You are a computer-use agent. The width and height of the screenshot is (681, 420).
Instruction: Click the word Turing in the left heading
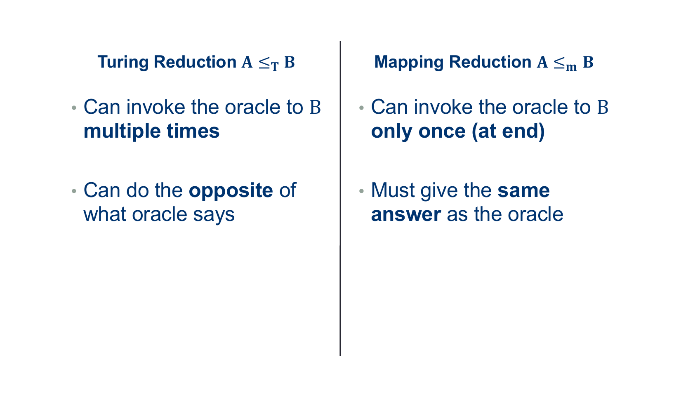123,63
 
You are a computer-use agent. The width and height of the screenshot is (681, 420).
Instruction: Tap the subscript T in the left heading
275,66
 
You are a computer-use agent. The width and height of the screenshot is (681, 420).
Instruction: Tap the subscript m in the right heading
571,67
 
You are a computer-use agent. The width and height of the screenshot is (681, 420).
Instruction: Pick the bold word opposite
231,191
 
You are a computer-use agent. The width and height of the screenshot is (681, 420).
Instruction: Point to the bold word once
442,131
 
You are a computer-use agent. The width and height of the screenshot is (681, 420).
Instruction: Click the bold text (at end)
508,132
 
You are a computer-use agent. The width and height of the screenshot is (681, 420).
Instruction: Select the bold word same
523,191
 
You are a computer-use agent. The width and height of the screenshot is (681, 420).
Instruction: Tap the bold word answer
406,215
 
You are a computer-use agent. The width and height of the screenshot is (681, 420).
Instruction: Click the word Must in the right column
393,190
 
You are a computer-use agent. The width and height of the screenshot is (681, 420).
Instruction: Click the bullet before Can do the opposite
74,191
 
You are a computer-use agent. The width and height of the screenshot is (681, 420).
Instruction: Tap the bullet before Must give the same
361,191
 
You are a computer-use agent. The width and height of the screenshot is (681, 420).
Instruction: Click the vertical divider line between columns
340,198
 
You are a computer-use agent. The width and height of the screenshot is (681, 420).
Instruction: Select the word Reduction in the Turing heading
195,62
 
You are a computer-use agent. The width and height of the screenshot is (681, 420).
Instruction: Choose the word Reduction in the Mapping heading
490,62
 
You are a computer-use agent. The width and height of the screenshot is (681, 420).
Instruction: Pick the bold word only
392,131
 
